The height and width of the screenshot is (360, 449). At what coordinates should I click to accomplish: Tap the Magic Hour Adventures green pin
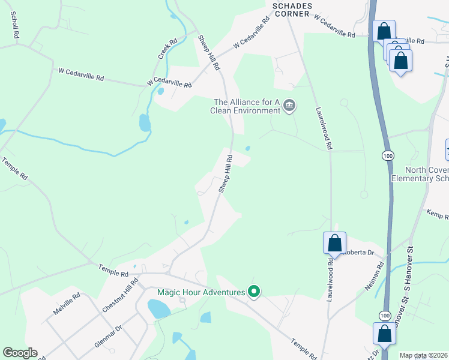(x=254, y=292)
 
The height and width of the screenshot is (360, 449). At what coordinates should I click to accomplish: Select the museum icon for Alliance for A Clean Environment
(x=289, y=106)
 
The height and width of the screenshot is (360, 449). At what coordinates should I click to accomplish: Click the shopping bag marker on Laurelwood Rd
(x=335, y=243)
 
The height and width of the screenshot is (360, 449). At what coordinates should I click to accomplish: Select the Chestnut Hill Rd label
(x=121, y=295)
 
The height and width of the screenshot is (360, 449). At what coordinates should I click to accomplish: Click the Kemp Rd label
(x=438, y=213)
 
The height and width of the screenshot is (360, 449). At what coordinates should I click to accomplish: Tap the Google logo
(x=20, y=353)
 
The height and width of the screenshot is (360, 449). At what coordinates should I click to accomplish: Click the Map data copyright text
(x=424, y=355)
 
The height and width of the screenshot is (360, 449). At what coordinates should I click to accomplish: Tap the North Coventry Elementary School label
(x=420, y=174)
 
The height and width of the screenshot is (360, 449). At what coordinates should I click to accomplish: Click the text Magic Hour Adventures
(x=201, y=293)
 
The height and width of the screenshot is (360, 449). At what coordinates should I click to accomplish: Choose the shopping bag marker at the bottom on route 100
(x=384, y=334)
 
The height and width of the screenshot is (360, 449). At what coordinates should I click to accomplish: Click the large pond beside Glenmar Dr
(x=159, y=309)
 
